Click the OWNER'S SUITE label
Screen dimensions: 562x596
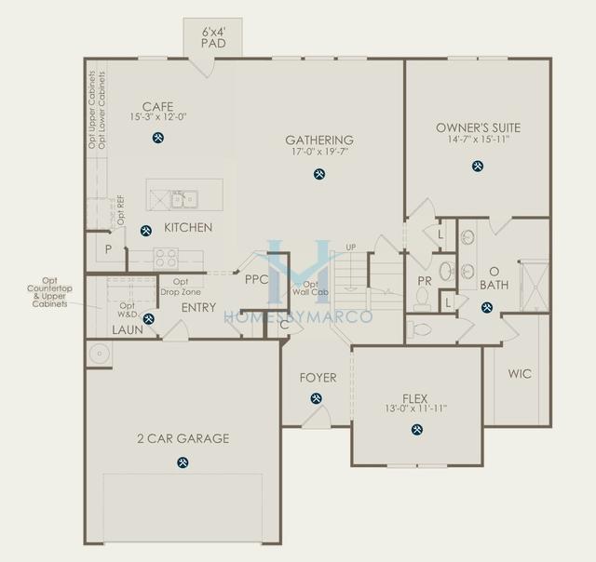(478, 127)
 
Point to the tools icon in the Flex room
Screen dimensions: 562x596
(415, 429)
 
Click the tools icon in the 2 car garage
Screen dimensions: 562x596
(182, 462)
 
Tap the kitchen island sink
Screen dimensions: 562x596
(183, 198)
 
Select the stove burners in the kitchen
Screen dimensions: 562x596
(167, 257)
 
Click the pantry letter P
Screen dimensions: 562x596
(108, 249)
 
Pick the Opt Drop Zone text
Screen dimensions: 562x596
(181, 287)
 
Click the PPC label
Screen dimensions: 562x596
(256, 279)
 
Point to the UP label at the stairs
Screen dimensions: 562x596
(350, 247)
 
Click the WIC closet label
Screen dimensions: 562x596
(520, 374)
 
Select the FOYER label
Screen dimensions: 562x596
(318, 378)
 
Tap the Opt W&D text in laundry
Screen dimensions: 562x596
(128, 310)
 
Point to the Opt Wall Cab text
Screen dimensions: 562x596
(317, 288)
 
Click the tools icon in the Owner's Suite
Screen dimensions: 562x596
(478, 167)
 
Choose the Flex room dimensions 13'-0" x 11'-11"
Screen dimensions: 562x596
(414, 408)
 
